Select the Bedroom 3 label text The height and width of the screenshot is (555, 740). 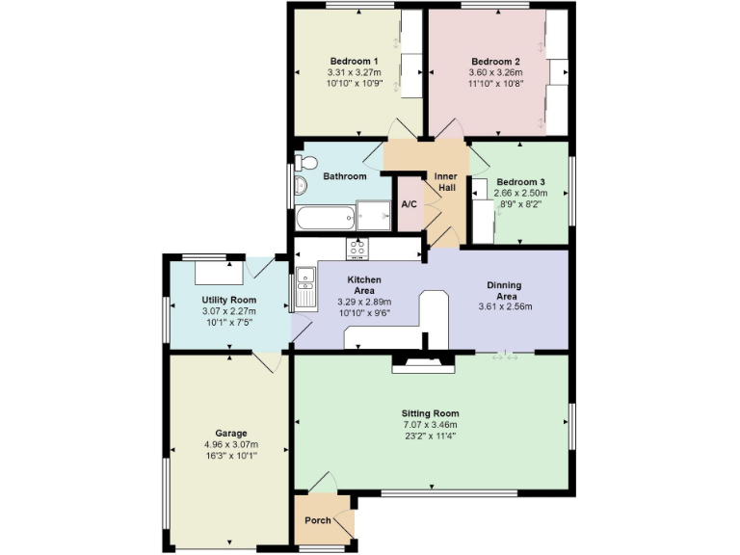520,182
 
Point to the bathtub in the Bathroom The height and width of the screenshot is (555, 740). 323,218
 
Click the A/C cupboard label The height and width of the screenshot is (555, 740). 409,205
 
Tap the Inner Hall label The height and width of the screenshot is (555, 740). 446,181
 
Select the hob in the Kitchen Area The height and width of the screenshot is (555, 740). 357,249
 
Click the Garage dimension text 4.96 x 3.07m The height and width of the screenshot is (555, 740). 231,444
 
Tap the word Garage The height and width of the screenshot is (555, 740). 231,433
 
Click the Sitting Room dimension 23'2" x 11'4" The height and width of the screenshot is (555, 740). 430,436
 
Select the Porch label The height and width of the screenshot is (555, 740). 318,520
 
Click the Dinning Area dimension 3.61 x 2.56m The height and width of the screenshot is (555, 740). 505,307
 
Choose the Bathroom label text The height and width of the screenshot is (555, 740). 344,176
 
